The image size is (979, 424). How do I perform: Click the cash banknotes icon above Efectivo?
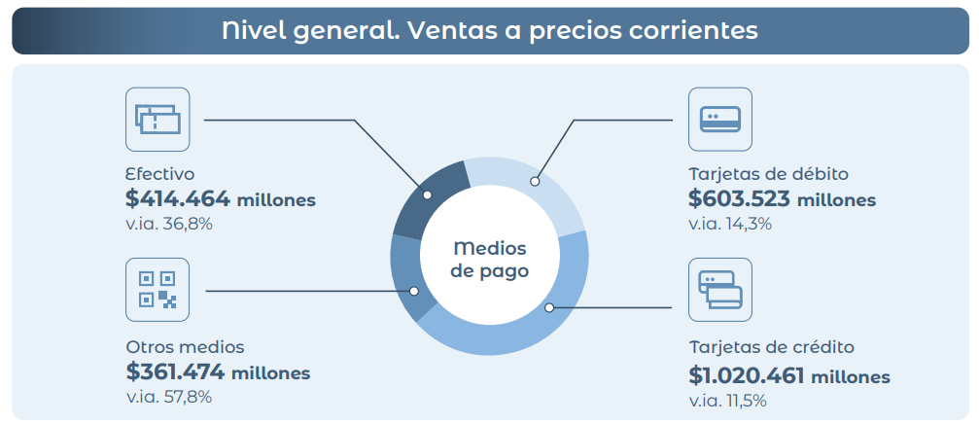157,119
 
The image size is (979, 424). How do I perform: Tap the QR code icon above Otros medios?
157,290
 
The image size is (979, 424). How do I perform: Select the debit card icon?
719,119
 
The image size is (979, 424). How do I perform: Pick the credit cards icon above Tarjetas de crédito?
719,290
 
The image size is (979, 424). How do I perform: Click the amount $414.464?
178,200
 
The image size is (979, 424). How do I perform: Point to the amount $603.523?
740,199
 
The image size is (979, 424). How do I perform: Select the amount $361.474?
175,372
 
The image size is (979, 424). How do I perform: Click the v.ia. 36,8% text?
169,224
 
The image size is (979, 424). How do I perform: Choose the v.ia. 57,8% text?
168,396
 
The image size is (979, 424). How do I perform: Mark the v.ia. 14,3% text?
730,224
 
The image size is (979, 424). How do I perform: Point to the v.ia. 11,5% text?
727,401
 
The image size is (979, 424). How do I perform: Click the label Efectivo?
160,174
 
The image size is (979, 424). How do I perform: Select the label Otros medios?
186,346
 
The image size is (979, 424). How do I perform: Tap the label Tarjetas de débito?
769,174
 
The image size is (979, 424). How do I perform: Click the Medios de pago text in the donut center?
490,260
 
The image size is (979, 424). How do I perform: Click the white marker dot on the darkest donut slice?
427,194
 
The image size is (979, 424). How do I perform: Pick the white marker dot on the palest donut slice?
535,182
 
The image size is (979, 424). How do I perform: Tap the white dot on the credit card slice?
549,307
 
